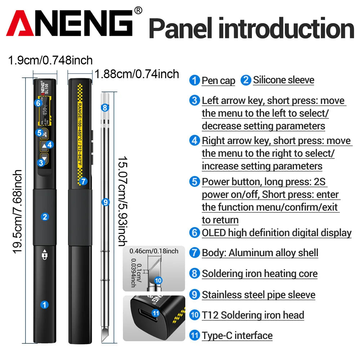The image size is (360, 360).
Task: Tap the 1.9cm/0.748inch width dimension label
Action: pyautogui.click(x=50, y=60)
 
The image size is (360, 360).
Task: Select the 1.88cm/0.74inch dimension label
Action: pyautogui.click(x=137, y=74)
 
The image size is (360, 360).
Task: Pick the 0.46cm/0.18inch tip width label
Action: pyautogui.click(x=154, y=251)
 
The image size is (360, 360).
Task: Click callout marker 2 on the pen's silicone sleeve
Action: pyautogui.click(x=45, y=217)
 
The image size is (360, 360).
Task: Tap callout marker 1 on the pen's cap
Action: pyautogui.click(x=45, y=305)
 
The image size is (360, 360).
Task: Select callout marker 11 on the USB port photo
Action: pyautogui.click(x=156, y=313)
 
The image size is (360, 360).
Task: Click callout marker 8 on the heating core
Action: pyautogui.click(x=105, y=107)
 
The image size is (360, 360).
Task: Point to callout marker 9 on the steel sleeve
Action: pyautogui.click(x=105, y=202)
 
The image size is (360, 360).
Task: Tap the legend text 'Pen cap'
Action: pyautogui.click(x=218, y=81)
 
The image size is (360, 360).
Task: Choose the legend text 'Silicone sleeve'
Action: pyautogui.click(x=283, y=80)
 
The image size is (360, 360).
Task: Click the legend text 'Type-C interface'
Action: pyautogui.click(x=237, y=336)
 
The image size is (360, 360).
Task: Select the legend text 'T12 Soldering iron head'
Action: pyautogui.click(x=253, y=315)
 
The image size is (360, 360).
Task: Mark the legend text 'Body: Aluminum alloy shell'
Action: pyautogui.click(x=260, y=253)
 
